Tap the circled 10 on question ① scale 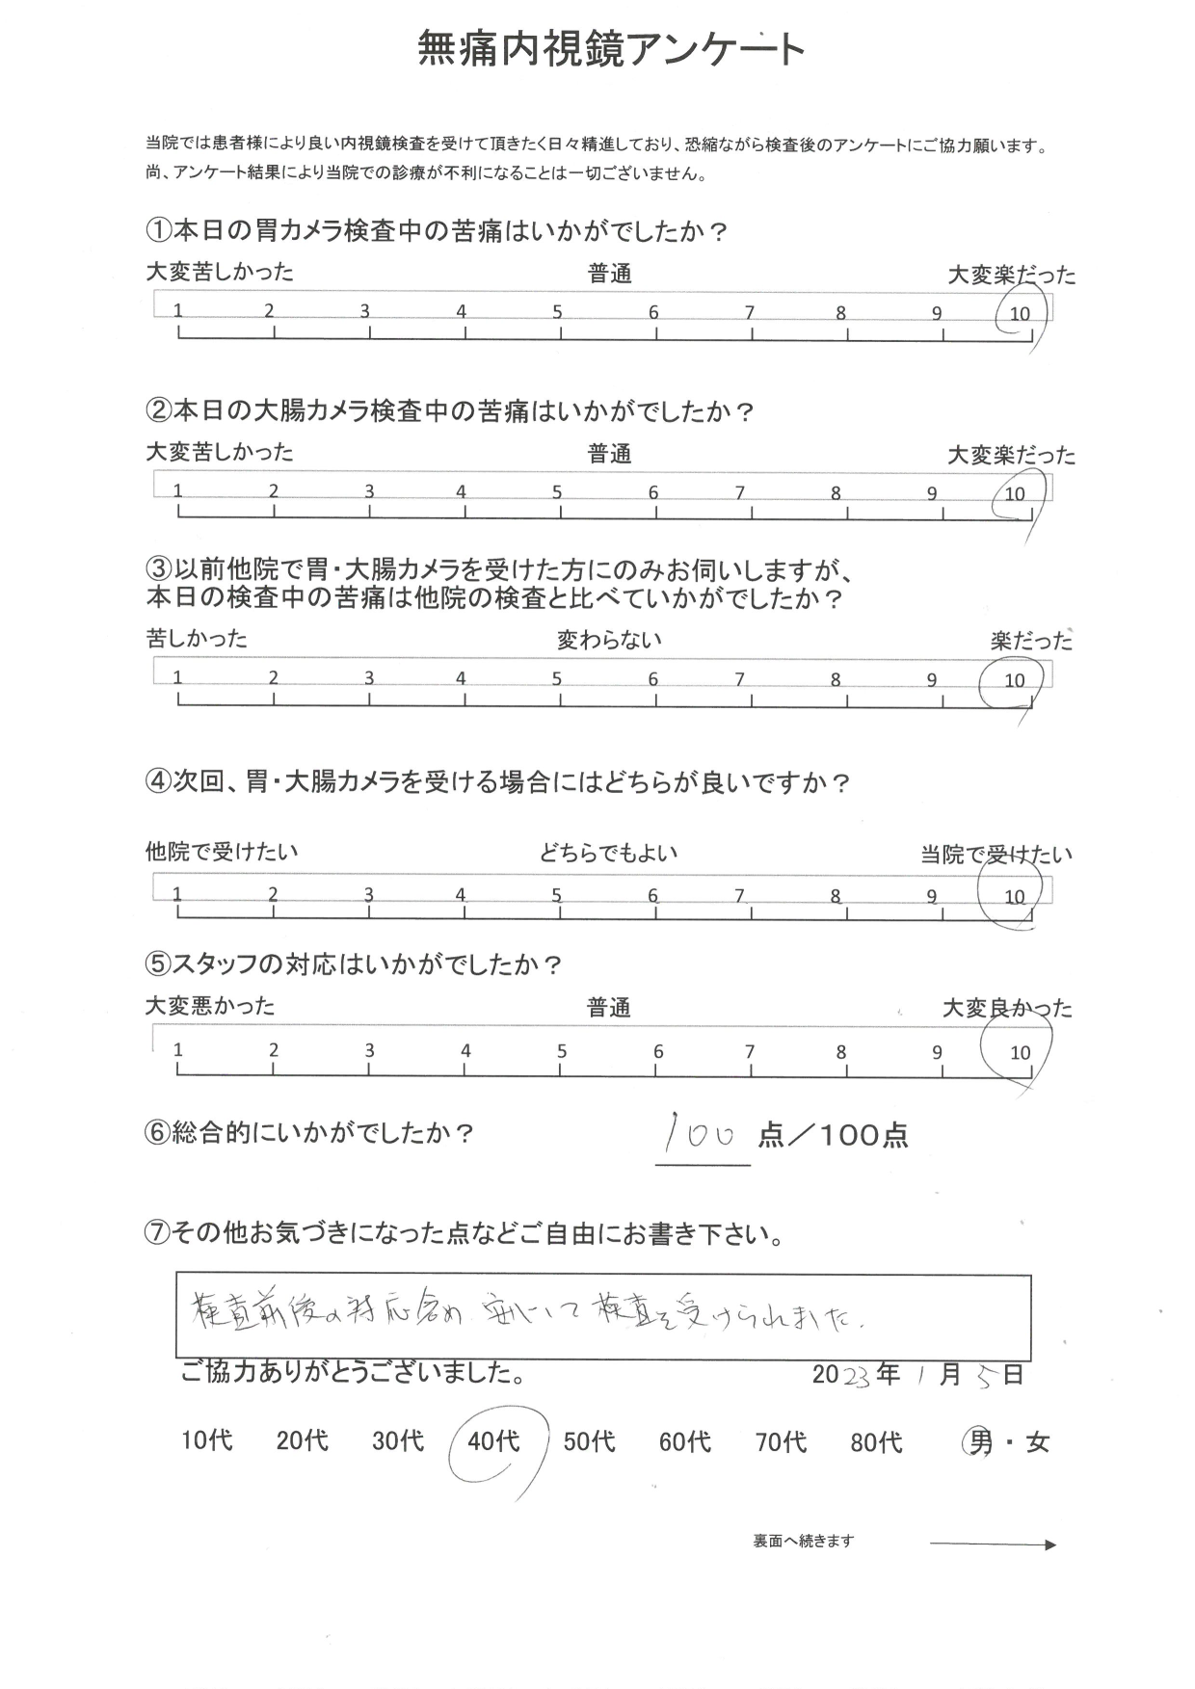[x=1019, y=313]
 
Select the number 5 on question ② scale [x=557, y=492]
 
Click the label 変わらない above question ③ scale [x=609, y=640]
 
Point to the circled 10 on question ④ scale [x=1014, y=897]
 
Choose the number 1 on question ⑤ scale [x=178, y=1050]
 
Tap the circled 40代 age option [x=493, y=1441]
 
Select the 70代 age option [x=781, y=1442]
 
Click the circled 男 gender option [x=980, y=1442]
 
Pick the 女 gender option [x=1037, y=1443]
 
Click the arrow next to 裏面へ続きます [x=993, y=1545]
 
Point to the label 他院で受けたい [x=222, y=852]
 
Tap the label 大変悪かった [x=210, y=1007]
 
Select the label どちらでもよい [x=608, y=853]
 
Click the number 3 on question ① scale [x=365, y=311]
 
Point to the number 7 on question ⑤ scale [x=749, y=1052]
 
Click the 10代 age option [x=207, y=1441]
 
